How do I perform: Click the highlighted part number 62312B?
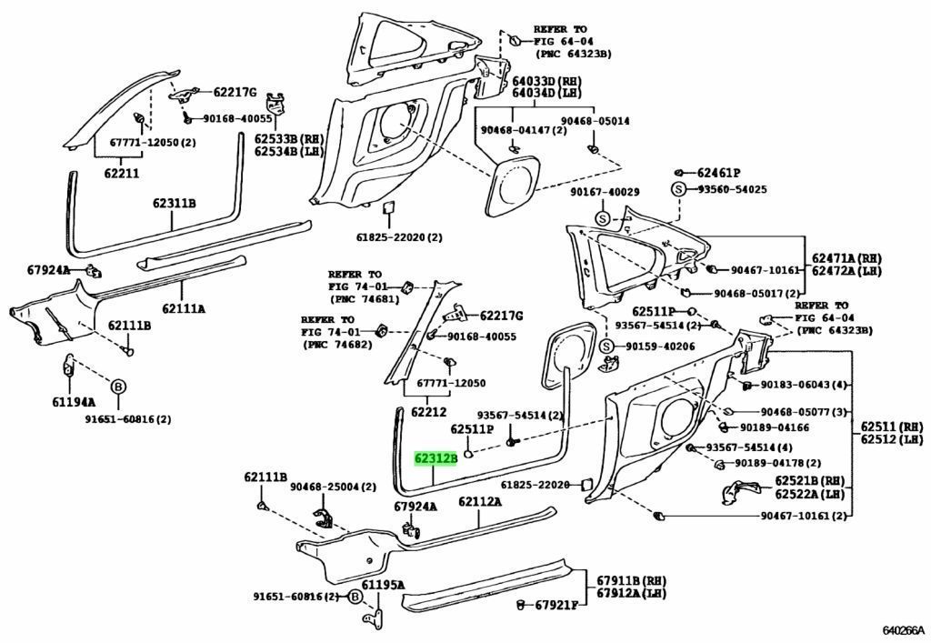coord(435,459)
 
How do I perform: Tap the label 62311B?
coord(174,203)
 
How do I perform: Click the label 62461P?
coord(718,172)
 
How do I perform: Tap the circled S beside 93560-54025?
coord(677,189)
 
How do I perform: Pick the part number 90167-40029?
coord(605,192)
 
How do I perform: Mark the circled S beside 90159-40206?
coord(607,347)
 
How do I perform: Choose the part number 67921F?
coord(556,605)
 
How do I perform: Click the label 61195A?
coord(383,585)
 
